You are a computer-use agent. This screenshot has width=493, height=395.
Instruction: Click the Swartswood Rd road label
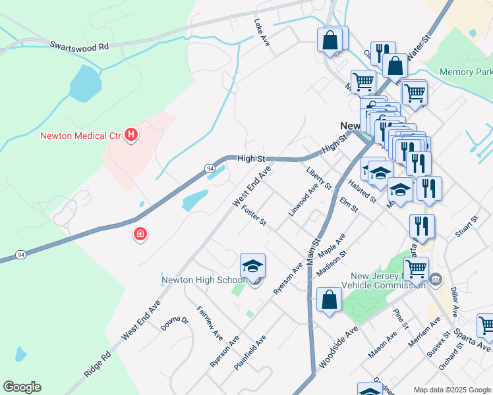79,47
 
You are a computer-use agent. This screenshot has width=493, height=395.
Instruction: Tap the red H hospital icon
132,136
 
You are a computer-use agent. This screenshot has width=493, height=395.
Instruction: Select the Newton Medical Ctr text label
81,136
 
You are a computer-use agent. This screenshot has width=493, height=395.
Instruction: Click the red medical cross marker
140,234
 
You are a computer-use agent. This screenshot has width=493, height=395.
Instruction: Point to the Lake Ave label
262,32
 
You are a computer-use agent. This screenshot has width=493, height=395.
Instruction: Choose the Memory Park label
466,72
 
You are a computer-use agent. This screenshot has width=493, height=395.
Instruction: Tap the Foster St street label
254,215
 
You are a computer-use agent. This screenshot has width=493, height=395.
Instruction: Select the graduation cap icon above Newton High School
252,266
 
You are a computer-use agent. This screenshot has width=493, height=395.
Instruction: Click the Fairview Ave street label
210,322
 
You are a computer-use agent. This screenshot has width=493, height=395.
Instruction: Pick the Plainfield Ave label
251,352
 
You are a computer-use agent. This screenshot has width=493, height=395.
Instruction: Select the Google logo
22,387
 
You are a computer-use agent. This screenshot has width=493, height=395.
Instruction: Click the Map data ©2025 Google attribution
451,390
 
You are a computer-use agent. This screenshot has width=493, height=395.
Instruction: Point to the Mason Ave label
383,344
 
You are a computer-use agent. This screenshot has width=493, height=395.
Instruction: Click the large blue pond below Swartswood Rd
85,83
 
